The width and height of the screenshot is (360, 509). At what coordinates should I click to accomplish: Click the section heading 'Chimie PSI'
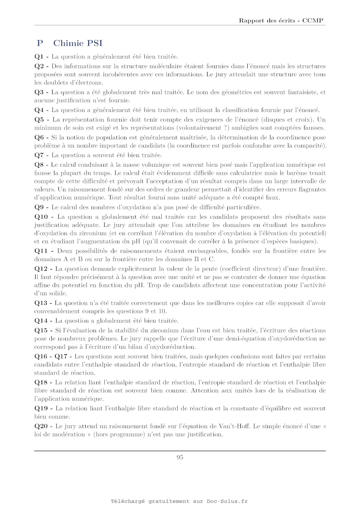tap(78, 43)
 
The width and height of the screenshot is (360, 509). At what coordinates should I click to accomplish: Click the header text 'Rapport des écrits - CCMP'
tap(281, 21)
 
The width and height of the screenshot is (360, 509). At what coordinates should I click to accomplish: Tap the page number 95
tap(180, 457)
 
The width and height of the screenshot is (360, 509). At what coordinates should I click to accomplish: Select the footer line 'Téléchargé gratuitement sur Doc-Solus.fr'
tap(179, 501)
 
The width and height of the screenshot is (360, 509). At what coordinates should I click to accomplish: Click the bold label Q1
tap(39, 57)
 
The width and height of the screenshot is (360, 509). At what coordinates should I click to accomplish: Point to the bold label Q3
tap(39, 92)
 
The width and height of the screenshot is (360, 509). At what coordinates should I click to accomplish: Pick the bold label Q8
tap(39, 165)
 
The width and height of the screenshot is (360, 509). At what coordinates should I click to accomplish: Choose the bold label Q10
tap(41, 217)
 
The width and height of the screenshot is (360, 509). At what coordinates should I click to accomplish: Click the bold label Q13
tap(41, 303)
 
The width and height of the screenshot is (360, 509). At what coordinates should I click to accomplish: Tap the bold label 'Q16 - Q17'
tap(51, 356)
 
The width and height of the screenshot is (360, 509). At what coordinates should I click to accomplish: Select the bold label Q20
tap(41, 426)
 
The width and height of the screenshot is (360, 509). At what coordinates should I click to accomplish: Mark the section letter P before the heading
tap(40, 43)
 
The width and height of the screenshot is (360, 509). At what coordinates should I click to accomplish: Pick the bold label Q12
tap(41, 269)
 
